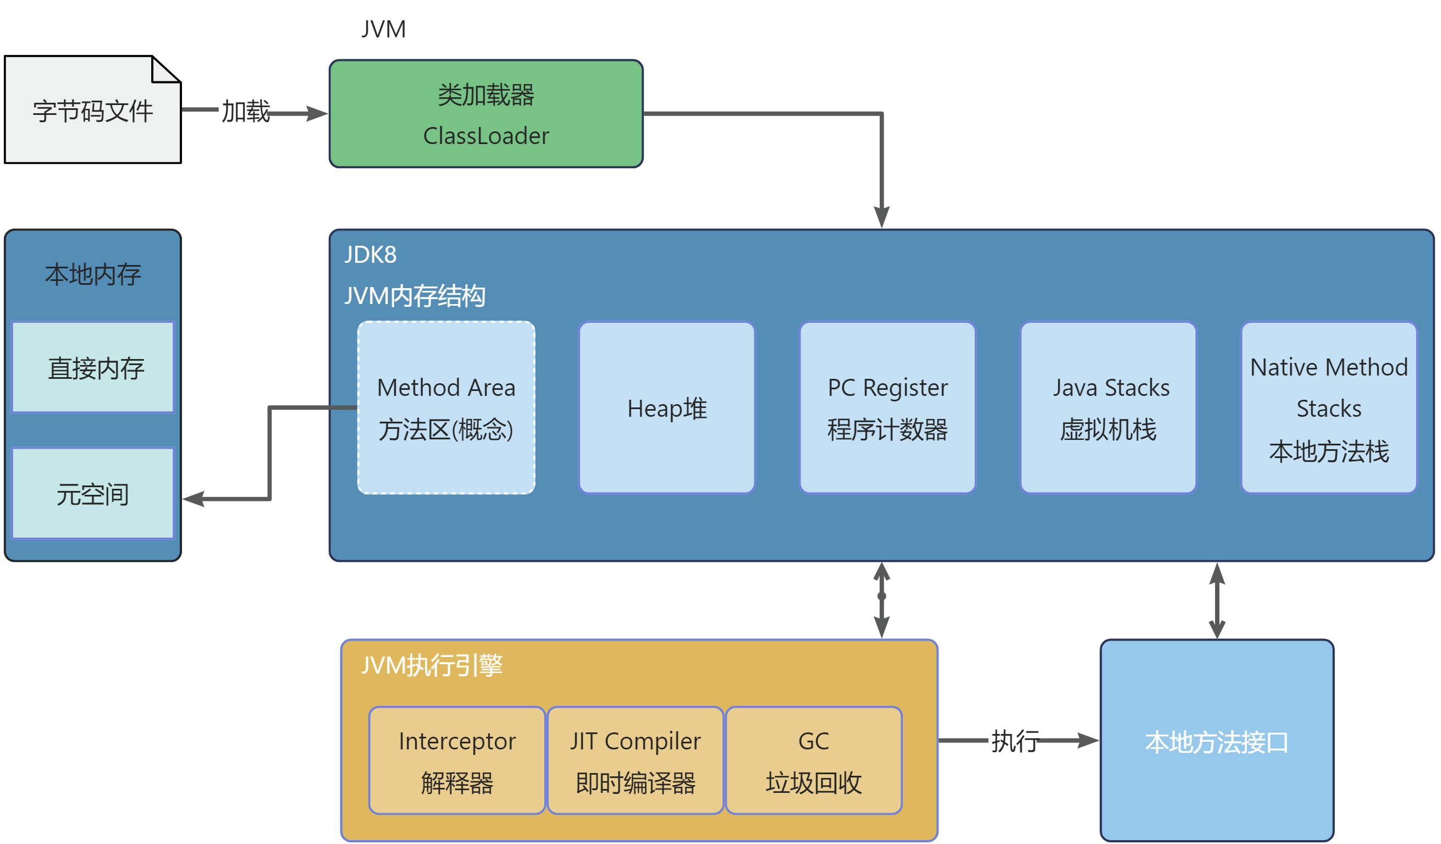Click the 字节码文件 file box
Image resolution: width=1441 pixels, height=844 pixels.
coord(92,110)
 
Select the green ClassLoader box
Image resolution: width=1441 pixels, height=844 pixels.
coord(486,114)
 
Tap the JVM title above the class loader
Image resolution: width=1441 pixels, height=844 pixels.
coord(384,29)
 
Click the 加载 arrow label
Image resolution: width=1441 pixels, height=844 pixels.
coord(246,111)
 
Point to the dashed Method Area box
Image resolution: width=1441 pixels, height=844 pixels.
coord(446,408)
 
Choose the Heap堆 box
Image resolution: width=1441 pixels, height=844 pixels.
coord(667,408)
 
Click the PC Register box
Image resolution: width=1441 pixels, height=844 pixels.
coord(887,408)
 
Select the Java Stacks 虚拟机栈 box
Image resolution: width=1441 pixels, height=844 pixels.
coord(1108,408)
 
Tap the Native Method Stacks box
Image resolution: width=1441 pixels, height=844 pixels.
coord(1329,408)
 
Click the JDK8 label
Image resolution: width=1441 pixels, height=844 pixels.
coord(371,255)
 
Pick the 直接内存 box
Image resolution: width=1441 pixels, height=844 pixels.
coord(92,367)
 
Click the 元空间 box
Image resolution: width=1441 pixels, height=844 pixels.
coord(92,493)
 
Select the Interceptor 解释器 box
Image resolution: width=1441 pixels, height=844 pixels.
coord(457,760)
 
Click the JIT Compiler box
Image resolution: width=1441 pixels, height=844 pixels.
coord(636,760)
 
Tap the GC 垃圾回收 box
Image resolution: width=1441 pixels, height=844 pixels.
coord(814,760)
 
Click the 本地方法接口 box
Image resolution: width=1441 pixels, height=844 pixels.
coord(1217,741)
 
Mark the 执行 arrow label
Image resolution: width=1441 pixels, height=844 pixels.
coord(1015,742)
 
